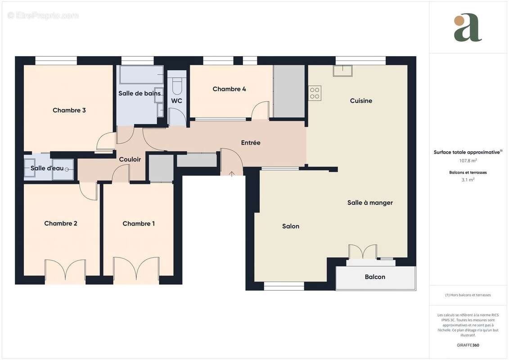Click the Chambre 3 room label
point(69,110)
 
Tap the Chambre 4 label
point(229,89)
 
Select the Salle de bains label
point(140,94)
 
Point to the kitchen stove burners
point(315,93)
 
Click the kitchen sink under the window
point(343,70)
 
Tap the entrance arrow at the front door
point(232,174)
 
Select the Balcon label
point(375,277)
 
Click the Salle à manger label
point(370,203)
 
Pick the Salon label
point(291,226)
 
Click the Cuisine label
point(361,101)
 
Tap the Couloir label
point(130,159)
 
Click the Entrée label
point(251,143)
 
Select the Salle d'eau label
point(47,168)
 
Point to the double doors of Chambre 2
point(65,270)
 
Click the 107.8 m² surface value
point(468,160)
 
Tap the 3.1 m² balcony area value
point(468,180)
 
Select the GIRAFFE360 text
point(468,345)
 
